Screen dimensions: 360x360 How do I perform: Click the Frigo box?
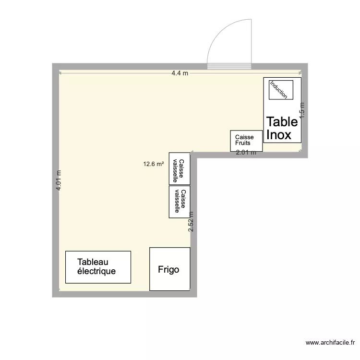tap(169, 269)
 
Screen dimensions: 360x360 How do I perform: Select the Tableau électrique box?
tap(98, 267)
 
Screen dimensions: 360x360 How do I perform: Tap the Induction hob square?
tap(278, 90)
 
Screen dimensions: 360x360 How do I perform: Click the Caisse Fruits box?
tap(246, 140)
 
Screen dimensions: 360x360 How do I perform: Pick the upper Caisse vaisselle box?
tap(180, 169)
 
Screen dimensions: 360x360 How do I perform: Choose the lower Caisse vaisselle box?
tap(180, 202)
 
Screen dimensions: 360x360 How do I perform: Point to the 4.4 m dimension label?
tap(180, 73)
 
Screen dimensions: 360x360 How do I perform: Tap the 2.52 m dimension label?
tap(191, 222)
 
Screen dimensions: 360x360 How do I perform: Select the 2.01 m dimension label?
tap(246, 153)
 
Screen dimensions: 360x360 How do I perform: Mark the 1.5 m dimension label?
tap(302, 110)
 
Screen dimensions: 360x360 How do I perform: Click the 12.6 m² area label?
tap(154, 164)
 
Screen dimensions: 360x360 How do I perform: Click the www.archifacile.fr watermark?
tap(330, 343)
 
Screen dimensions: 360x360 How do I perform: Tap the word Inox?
tap(279, 135)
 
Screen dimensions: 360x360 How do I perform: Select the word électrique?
tap(96, 271)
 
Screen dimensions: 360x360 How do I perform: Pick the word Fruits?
tap(243, 143)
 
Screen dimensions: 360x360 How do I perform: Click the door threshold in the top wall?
tap(229, 67)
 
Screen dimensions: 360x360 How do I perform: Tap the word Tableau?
tap(93, 262)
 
